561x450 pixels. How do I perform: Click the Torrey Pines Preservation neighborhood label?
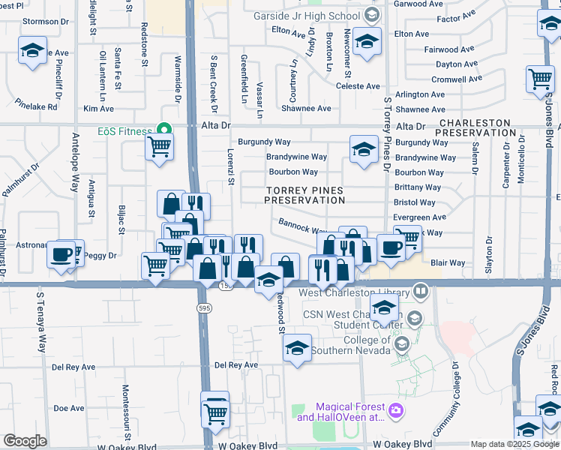[304, 196]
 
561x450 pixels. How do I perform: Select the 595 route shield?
[204, 307]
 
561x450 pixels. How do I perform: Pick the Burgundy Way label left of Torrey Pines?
[264, 142]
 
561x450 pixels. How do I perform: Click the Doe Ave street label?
[69, 408]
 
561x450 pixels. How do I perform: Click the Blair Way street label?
[448, 263]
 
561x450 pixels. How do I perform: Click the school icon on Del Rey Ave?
[297, 349]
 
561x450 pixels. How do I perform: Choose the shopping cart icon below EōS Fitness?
[159, 148]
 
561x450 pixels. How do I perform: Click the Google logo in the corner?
[25, 441]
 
